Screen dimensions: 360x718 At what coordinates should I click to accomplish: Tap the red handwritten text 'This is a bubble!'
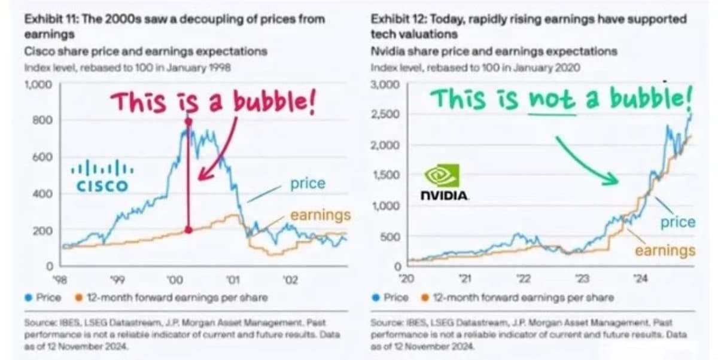click(213, 103)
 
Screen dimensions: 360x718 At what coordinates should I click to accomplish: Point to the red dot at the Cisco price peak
click(188, 121)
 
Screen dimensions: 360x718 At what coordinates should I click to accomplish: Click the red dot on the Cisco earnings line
click(188, 230)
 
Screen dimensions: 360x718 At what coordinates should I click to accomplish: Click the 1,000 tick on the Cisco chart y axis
click(38, 84)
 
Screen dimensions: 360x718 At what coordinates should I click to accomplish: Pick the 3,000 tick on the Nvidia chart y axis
click(385, 84)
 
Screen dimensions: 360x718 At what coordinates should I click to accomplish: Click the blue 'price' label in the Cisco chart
click(308, 184)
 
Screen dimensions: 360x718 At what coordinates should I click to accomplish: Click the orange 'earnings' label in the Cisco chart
click(320, 215)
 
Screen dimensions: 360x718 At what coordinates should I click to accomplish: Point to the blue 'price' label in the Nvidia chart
click(677, 222)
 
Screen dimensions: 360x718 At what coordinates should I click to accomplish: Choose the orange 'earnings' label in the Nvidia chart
click(665, 251)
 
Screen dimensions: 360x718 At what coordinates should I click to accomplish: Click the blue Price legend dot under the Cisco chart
click(29, 297)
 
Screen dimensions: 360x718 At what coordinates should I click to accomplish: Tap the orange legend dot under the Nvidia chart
click(425, 297)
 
